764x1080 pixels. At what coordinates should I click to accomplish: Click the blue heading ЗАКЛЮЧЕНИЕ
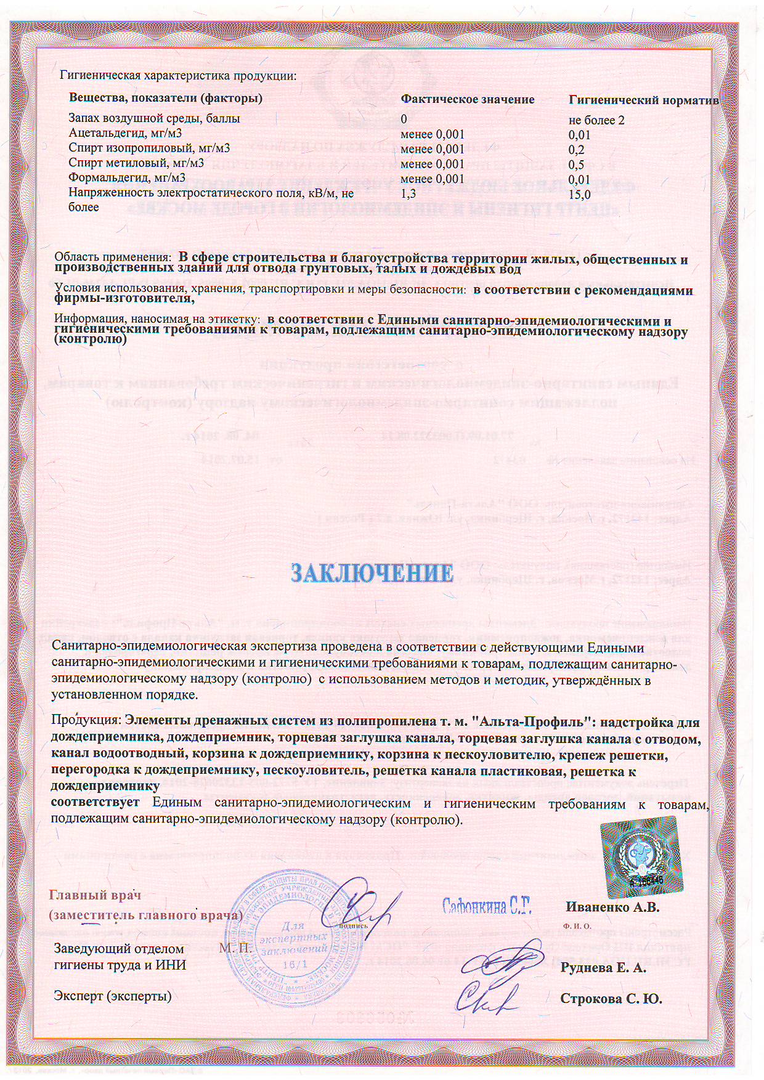click(372, 573)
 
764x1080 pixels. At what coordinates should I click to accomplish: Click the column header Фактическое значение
click(467, 99)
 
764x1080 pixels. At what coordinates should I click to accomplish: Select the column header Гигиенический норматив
click(643, 100)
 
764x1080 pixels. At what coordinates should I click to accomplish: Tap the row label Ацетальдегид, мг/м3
click(125, 133)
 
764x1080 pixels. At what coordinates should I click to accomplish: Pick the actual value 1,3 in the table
click(408, 194)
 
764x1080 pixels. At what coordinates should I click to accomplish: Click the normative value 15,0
click(580, 195)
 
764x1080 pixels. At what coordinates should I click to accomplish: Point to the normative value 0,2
click(576, 150)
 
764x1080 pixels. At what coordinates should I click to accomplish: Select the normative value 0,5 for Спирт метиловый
click(576, 164)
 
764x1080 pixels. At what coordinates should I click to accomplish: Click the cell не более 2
click(596, 120)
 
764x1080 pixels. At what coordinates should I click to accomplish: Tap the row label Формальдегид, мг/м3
click(127, 178)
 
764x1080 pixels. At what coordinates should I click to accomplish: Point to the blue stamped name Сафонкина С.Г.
click(487, 906)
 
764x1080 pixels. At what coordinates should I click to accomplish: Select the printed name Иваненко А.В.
click(612, 907)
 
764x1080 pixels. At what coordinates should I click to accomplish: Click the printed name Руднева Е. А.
click(603, 967)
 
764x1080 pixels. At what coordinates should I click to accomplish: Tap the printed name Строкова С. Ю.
click(611, 999)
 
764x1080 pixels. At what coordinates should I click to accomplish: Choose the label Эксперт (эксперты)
click(113, 996)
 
